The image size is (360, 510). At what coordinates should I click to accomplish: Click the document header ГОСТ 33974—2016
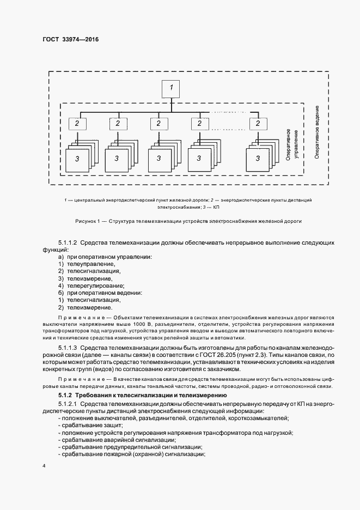tap(71, 39)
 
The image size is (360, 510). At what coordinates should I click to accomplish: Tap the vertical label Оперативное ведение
tap(316, 132)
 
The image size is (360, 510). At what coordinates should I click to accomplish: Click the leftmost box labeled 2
tap(77, 124)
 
